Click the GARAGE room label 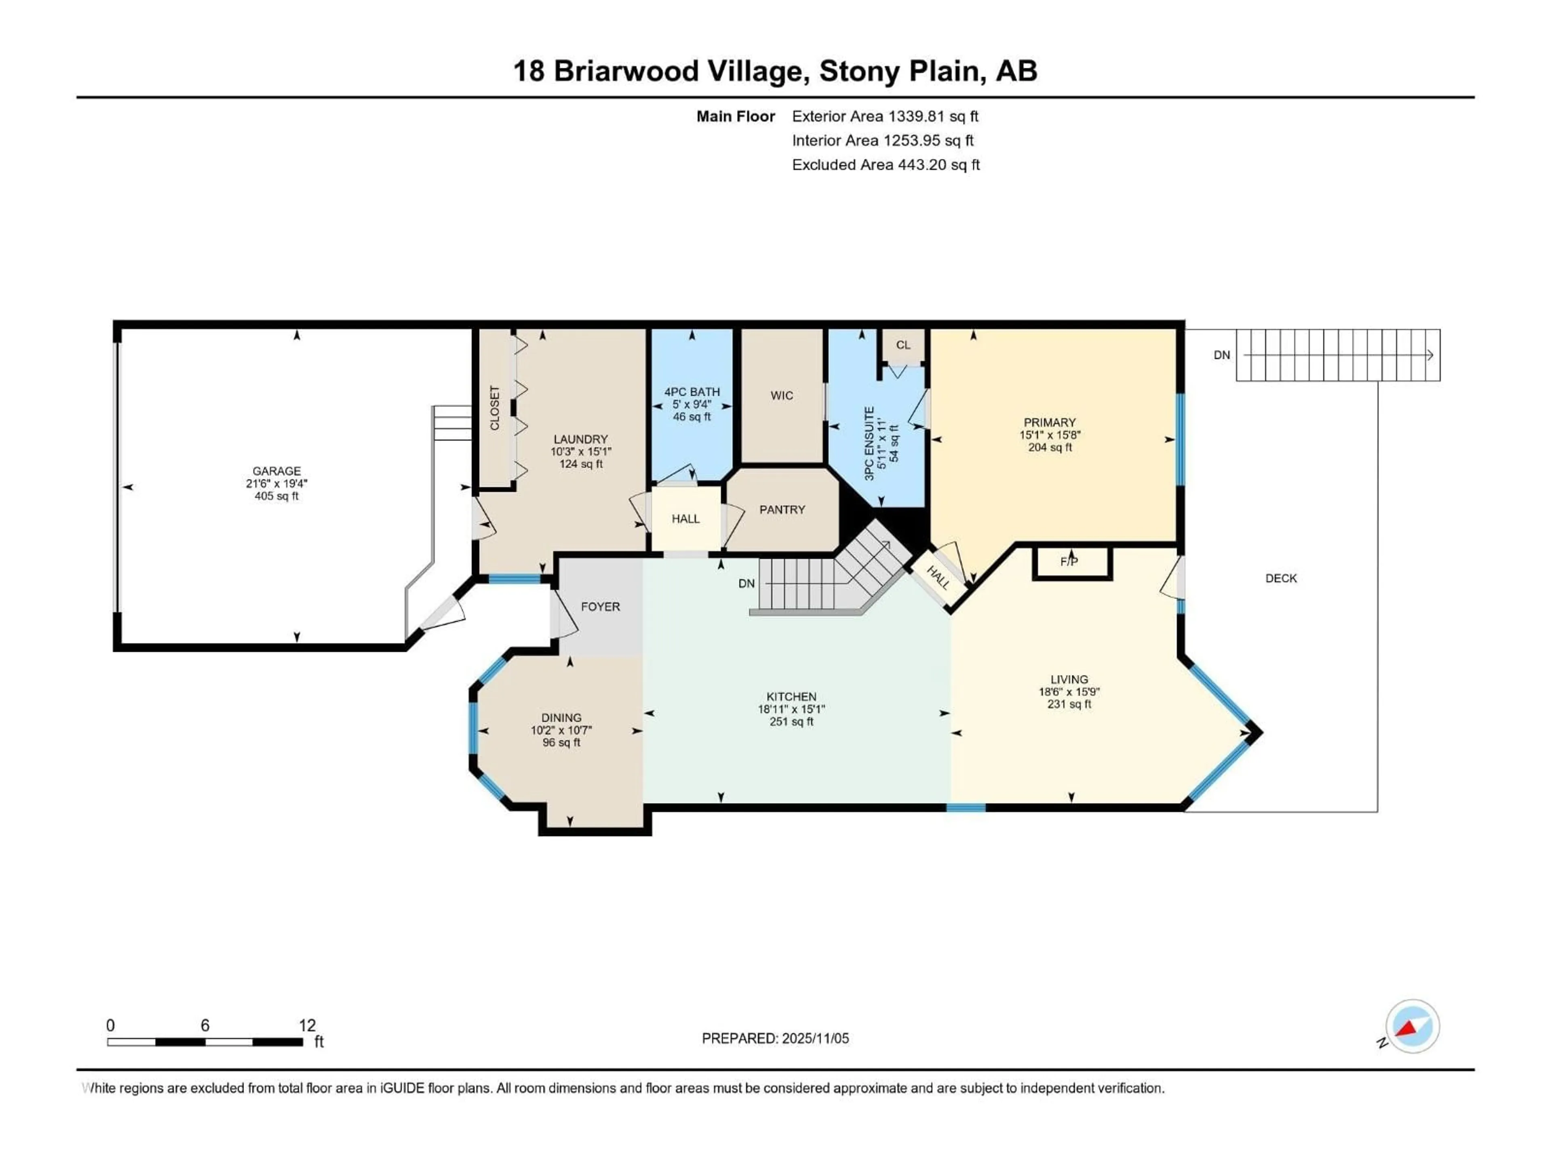(x=276, y=471)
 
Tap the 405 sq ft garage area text (x=276, y=496)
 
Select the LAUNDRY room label (x=580, y=439)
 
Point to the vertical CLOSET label (x=495, y=408)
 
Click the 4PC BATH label (x=692, y=392)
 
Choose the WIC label (x=782, y=396)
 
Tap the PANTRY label (x=782, y=509)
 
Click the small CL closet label (x=903, y=345)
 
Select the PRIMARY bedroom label (x=1050, y=422)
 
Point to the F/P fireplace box (x=1069, y=562)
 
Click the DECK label (x=1281, y=578)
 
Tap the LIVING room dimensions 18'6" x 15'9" (x=1069, y=692)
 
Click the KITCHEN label (x=791, y=697)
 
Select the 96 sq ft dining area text (x=561, y=743)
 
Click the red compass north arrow (x=1407, y=1029)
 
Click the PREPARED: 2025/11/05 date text (x=775, y=1038)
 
